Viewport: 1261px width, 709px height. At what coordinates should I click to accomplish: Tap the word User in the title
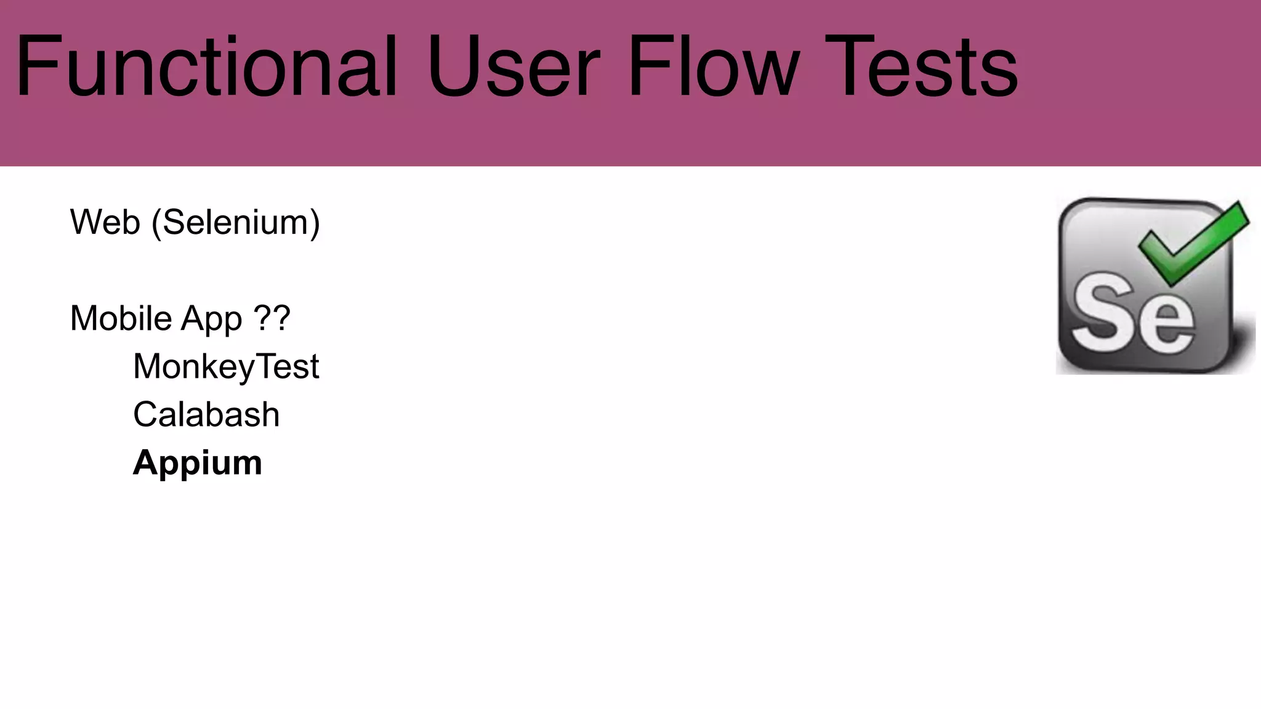coord(513,66)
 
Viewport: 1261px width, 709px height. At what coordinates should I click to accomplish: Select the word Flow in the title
coord(714,66)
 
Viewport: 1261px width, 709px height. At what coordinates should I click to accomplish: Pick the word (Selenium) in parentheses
coord(236,223)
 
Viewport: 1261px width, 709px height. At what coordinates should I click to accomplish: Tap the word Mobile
coord(121,318)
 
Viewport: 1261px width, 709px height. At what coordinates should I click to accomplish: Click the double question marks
coord(272,318)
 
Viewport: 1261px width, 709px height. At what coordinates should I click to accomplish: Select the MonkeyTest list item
coord(226,367)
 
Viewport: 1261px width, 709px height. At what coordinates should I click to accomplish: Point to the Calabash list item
coord(206,414)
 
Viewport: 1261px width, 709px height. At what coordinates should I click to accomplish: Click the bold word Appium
coord(198,463)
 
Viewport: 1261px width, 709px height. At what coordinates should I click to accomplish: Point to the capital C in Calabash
coord(147,414)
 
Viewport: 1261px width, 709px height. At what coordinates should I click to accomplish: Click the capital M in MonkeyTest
coord(149,366)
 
